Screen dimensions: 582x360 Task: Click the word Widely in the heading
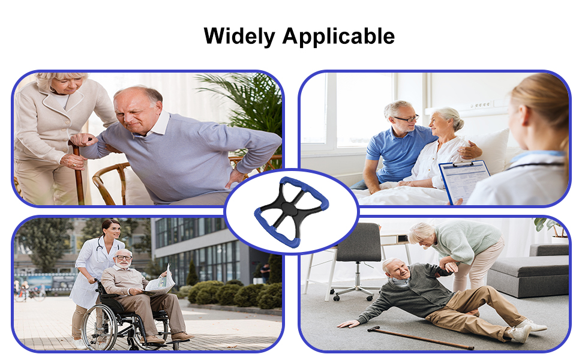[239, 37]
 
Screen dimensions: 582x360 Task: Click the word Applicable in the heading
[338, 37]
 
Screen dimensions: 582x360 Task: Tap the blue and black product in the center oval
[292, 212]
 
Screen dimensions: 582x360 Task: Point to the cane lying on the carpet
[420, 337]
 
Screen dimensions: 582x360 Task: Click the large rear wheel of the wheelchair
[99, 326]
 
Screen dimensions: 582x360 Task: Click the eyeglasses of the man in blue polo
[407, 119]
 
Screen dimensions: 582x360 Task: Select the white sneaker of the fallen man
[521, 333]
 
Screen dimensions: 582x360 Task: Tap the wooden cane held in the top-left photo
[78, 172]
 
